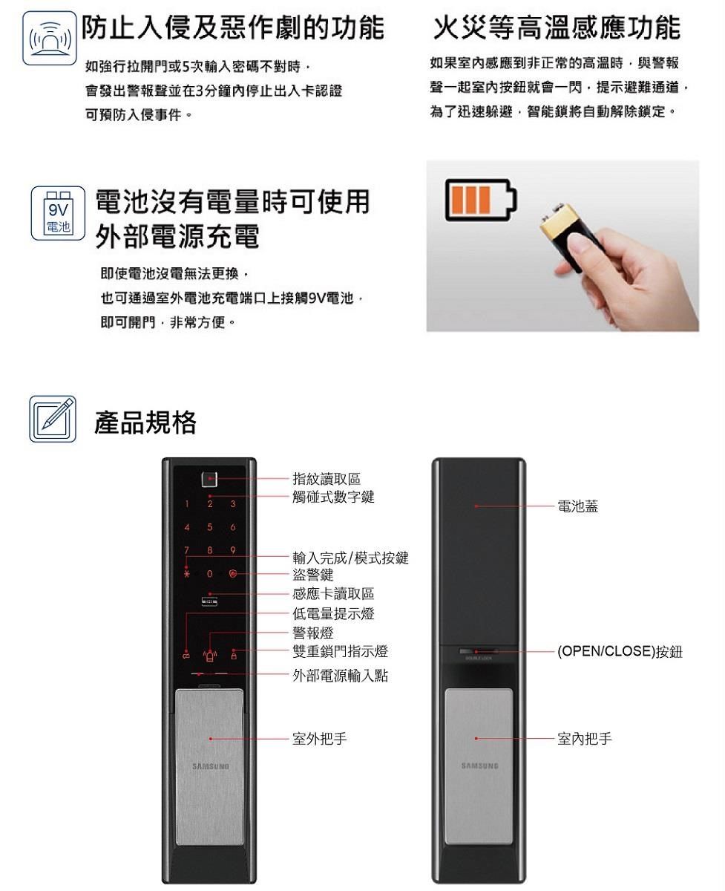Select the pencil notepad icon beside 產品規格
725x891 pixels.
[x=53, y=420]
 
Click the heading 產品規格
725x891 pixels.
[x=145, y=422]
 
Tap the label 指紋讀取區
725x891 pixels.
[x=327, y=479]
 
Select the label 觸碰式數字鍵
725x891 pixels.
[x=333, y=497]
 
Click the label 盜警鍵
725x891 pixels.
[x=313, y=575]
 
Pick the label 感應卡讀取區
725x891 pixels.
[x=333, y=593]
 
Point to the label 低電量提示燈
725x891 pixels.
[x=333, y=613]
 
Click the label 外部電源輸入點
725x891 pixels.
[x=340, y=676]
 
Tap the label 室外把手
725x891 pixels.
[x=320, y=739]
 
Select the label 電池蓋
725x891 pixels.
[x=578, y=506]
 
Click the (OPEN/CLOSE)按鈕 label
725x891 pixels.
[x=620, y=652]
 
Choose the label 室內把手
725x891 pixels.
[x=585, y=739]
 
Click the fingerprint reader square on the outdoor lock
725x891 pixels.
[x=210, y=479]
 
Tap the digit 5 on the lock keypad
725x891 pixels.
[x=210, y=528]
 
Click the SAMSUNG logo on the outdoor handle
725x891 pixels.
[x=209, y=766]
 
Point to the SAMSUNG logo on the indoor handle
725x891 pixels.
[x=479, y=766]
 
